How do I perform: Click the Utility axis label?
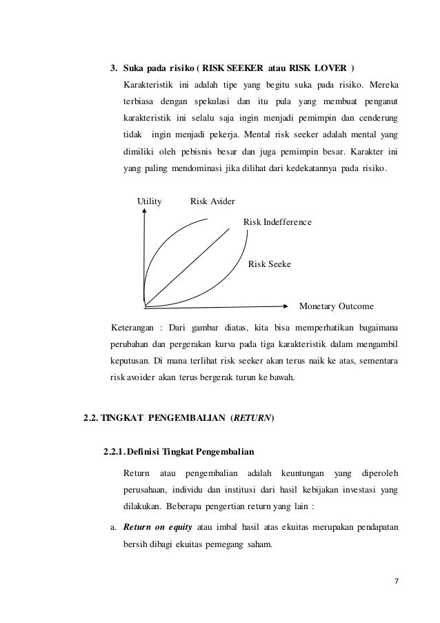[x=150, y=201]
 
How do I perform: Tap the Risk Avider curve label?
[x=212, y=201]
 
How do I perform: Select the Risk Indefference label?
[x=277, y=222]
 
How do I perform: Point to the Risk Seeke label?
[x=269, y=264]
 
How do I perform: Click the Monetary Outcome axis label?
[x=336, y=306]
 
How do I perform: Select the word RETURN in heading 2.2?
[x=254, y=417]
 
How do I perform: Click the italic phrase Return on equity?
[x=158, y=528]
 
